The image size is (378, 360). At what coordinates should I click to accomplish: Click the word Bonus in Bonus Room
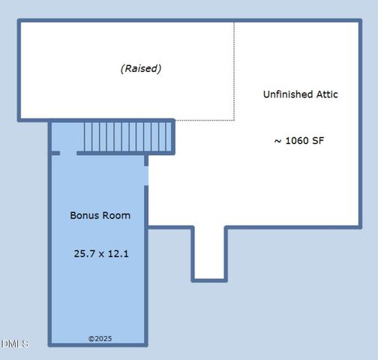pyautogui.click(x=84, y=215)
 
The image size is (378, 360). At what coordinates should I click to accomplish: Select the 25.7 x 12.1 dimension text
pyautogui.click(x=101, y=253)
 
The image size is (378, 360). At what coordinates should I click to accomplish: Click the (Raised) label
pyautogui.click(x=141, y=69)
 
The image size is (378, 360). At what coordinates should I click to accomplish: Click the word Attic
pyautogui.click(x=326, y=94)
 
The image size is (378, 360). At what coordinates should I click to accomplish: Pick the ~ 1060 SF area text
pyautogui.click(x=298, y=140)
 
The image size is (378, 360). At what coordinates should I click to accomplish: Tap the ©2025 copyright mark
pyautogui.click(x=100, y=339)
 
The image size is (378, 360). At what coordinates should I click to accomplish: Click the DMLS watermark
pyautogui.click(x=15, y=343)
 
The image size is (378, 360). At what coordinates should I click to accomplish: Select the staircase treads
pyautogui.click(x=127, y=137)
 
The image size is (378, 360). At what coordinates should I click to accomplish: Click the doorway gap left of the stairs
pyautogui.click(x=68, y=153)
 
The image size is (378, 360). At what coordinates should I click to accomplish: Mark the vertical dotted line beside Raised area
pyautogui.click(x=234, y=70)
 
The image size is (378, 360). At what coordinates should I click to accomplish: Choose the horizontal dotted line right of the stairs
pyautogui.click(x=204, y=120)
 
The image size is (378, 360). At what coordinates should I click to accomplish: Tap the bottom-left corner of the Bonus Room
pyautogui.click(x=51, y=344)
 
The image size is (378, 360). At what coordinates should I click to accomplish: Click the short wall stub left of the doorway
pyautogui.click(x=55, y=153)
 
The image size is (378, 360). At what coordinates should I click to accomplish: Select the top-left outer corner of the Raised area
pyautogui.click(x=20, y=22)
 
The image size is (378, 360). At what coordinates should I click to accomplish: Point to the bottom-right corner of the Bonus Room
pyautogui.click(x=145, y=344)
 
